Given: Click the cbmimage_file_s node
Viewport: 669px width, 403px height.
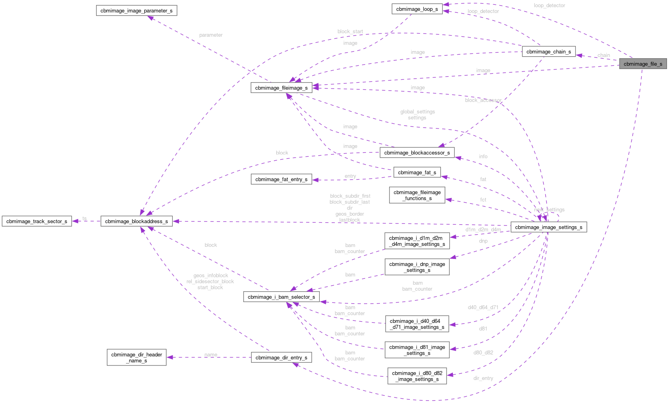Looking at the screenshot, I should point(643,64).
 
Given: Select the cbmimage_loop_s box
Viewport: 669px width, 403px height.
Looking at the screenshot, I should point(417,9).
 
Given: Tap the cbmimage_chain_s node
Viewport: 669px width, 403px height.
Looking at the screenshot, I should point(549,51).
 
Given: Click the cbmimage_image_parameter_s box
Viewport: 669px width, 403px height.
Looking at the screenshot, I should point(136,10).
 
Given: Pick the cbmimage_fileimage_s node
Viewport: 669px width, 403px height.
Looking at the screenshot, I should point(281,88).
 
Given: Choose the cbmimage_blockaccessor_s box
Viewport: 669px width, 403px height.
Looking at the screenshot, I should point(417,152).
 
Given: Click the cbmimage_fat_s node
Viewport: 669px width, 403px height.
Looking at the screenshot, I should point(417,172).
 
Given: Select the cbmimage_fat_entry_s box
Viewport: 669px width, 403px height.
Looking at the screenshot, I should point(281,179).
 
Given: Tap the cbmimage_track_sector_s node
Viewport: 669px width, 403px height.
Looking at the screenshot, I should point(37,221).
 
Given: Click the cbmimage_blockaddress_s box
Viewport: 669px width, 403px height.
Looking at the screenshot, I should point(136,221).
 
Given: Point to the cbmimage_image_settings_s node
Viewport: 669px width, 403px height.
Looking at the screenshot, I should point(549,227).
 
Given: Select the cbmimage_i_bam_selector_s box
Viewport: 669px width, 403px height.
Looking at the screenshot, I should point(281,297).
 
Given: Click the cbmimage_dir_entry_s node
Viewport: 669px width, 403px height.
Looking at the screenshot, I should point(281,358).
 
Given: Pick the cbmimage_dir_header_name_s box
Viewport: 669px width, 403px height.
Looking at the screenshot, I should point(136,358).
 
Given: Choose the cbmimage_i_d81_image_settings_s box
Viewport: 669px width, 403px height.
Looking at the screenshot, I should point(417,350).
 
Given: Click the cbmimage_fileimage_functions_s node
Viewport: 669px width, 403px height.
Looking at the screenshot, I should point(417,195).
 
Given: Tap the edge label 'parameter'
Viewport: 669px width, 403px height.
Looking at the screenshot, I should point(211,35).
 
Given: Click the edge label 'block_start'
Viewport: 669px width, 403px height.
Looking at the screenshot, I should point(350,32).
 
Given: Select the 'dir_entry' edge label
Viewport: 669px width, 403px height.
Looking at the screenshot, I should point(483,378).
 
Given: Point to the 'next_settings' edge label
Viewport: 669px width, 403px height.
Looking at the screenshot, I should point(549,209).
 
